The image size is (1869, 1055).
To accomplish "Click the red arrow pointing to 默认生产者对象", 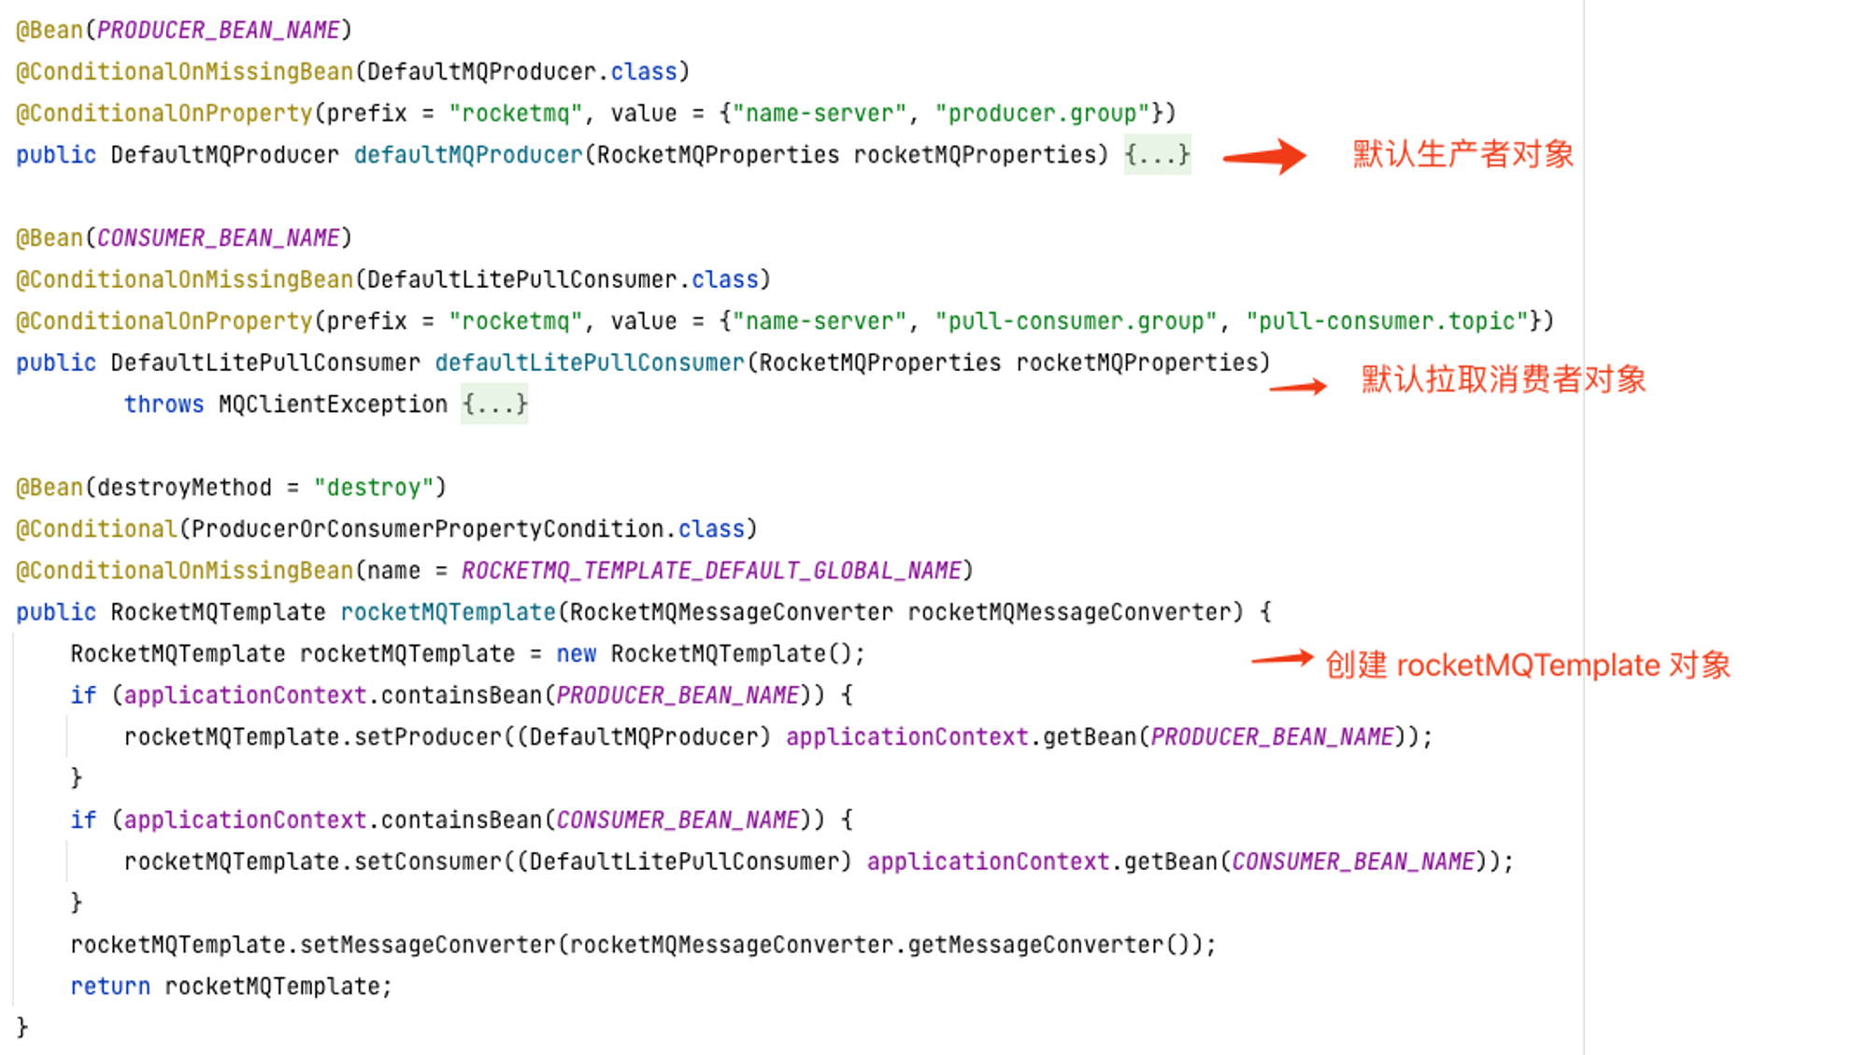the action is coord(1264,156).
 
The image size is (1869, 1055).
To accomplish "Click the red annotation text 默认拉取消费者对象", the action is coord(1504,379).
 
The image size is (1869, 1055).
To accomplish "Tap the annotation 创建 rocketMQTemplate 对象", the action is coord(1528,664).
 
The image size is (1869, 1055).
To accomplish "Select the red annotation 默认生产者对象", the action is coord(1463,154).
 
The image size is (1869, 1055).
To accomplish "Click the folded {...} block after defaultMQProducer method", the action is coord(1157,155).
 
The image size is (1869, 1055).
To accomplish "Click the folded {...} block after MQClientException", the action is coord(494,405).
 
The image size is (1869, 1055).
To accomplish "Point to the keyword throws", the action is coord(164,405).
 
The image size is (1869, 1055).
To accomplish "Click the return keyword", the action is coord(110,987).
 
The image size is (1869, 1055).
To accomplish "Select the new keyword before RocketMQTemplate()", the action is coord(576,654).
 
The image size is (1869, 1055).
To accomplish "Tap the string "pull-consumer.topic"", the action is coord(1387,321).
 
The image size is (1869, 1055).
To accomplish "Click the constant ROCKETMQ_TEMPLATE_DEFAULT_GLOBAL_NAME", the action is coord(711,571).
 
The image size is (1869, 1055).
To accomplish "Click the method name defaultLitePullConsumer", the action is coord(590,363).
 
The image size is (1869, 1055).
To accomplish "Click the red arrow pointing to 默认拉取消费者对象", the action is coord(1298,386).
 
